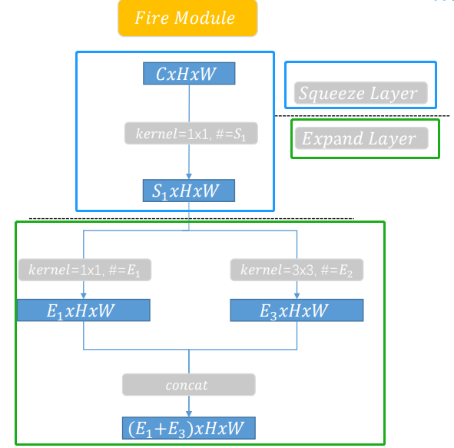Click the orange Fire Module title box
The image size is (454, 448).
point(187,18)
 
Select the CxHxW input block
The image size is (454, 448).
point(188,74)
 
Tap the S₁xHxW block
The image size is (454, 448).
point(188,191)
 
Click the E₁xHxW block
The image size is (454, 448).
point(83,310)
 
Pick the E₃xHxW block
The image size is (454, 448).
point(297,310)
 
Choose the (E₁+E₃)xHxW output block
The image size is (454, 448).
point(188,428)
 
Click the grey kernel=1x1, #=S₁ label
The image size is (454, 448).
point(190,134)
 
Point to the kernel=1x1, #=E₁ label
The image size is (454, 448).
point(85,270)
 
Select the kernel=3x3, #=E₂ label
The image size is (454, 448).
point(297,270)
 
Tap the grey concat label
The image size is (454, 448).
point(188,384)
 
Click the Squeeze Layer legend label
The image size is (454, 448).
point(359,94)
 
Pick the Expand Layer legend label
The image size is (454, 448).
point(359,139)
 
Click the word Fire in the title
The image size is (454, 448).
point(151,18)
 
